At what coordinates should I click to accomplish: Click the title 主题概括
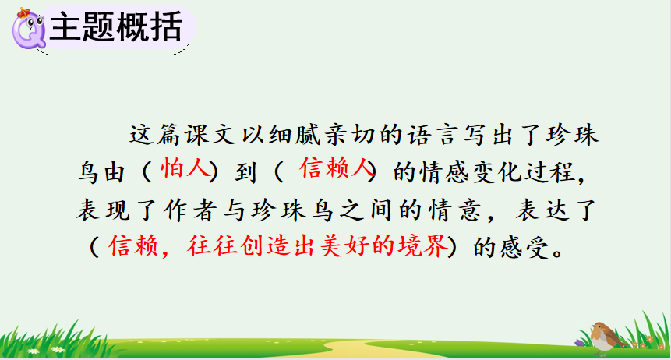coord(116,26)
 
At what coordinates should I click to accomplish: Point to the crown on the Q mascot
coord(23,12)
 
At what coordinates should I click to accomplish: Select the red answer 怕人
coord(185,168)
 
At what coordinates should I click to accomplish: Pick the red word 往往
coord(212,246)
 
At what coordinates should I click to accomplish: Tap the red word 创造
coord(265,246)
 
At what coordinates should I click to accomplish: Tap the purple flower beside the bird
coord(579,342)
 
